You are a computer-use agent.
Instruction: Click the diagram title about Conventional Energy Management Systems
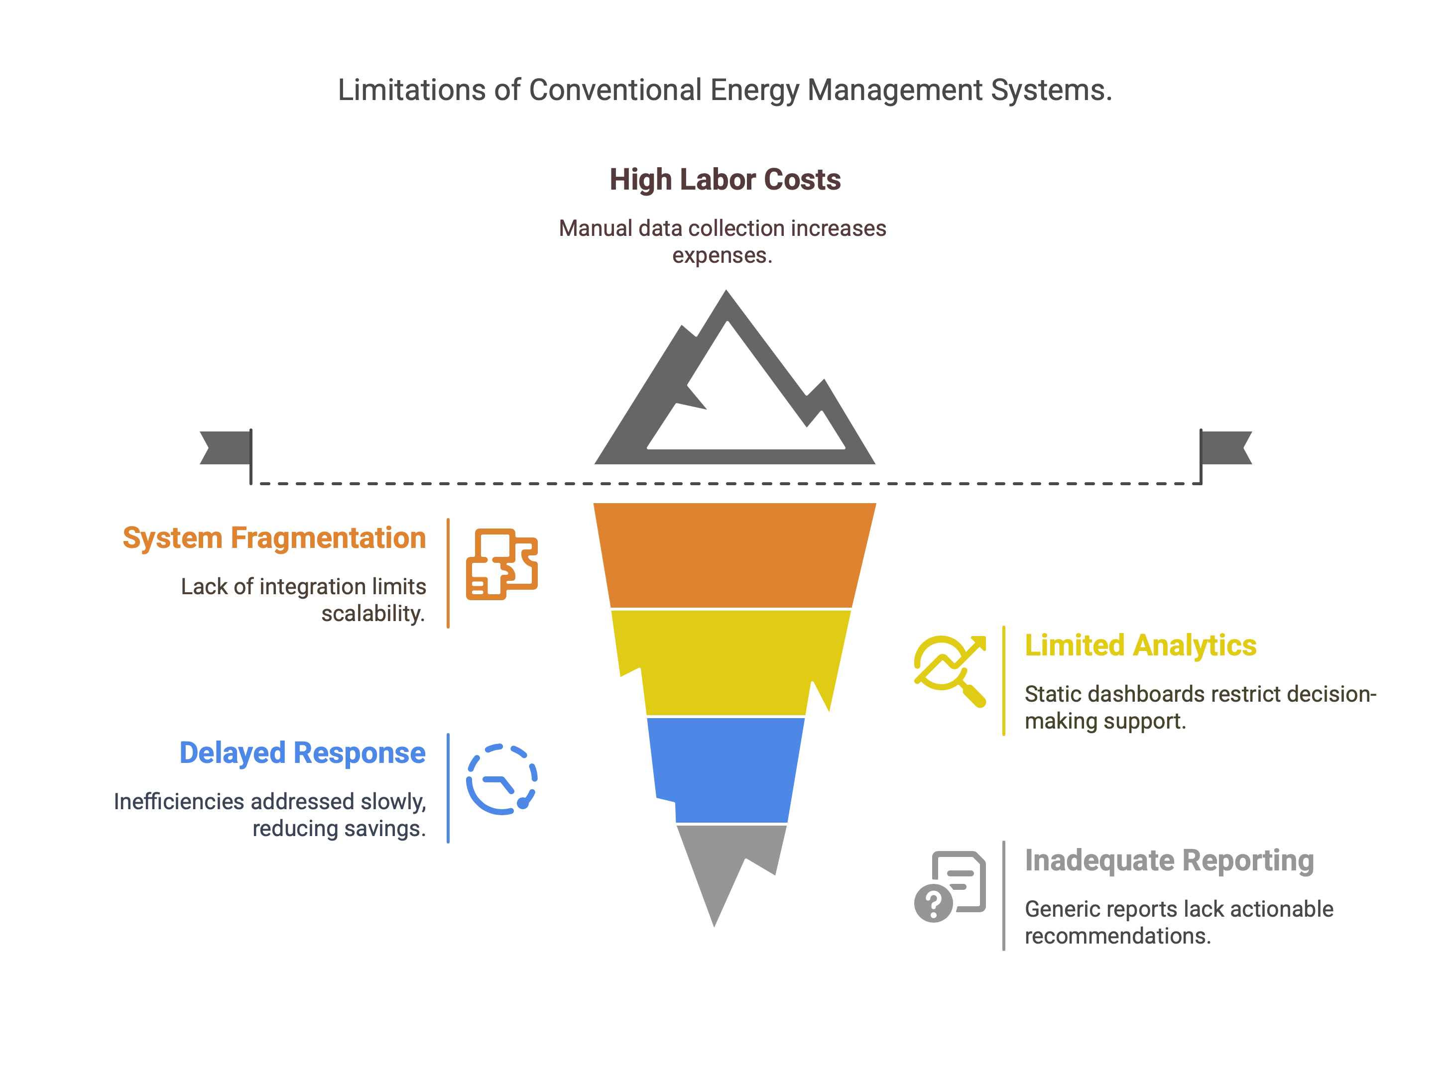tap(725, 90)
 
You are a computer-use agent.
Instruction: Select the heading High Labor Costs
tap(725, 179)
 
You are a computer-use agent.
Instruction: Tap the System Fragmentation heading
tap(274, 538)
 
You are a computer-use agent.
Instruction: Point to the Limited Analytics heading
tap(1141, 645)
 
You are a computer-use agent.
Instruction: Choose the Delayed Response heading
tap(302, 753)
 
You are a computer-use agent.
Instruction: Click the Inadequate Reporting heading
tap(1169, 860)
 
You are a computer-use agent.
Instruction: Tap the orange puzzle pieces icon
tap(501, 564)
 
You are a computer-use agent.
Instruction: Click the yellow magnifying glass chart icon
tap(950, 671)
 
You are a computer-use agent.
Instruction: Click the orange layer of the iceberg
tap(734, 555)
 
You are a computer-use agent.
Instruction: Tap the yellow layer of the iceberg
tap(729, 662)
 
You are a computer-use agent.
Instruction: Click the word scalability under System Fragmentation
tap(373, 614)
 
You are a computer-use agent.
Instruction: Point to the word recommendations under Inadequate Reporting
tap(1117, 936)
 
